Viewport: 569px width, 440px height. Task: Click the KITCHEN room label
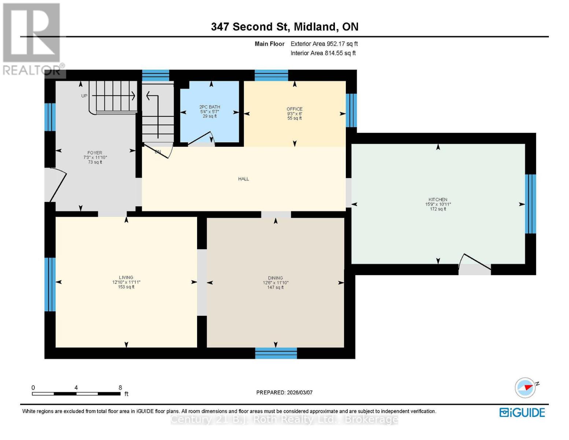click(438, 200)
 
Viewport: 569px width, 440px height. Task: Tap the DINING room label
click(275, 278)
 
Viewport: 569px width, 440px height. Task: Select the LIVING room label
click(126, 278)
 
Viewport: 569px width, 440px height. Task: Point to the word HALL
click(244, 179)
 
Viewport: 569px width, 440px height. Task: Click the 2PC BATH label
click(210, 107)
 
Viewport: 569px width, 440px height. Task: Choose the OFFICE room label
click(295, 109)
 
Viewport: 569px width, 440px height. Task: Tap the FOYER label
click(95, 153)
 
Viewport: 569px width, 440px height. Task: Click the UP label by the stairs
click(84, 96)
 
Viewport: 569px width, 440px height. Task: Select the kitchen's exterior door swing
click(475, 263)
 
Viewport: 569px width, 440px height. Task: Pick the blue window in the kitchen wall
click(531, 204)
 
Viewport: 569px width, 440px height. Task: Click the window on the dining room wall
click(276, 353)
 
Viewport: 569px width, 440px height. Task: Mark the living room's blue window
click(50, 284)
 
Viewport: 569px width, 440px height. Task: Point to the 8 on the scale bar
click(120, 388)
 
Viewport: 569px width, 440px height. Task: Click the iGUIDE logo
click(522, 412)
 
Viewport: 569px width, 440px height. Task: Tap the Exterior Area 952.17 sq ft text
click(324, 44)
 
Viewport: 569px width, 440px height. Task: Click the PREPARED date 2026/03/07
click(284, 392)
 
